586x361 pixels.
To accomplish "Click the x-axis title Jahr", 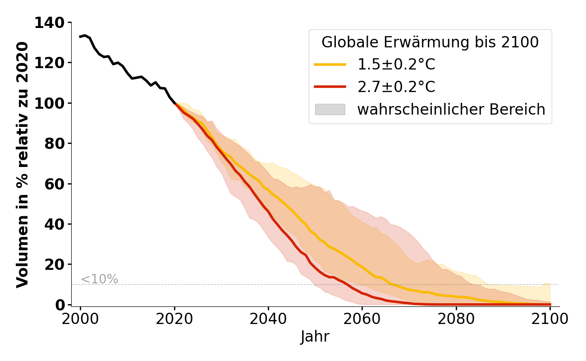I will (x=315, y=337).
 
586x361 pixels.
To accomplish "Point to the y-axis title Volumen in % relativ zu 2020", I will (x=23, y=165).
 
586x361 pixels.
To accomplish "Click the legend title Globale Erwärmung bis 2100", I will (x=430, y=42).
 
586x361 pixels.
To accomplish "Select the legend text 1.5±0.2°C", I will (x=396, y=65).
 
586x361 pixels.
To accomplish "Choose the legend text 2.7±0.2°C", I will (x=396, y=87).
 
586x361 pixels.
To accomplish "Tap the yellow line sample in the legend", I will (x=330, y=65).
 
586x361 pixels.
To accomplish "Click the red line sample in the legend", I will (x=330, y=87).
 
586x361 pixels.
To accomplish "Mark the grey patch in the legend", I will (x=330, y=109).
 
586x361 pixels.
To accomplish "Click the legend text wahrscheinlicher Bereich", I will (x=451, y=109).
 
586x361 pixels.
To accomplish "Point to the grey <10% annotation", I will (x=99, y=279).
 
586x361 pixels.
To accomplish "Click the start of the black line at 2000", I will (x=81, y=37).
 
